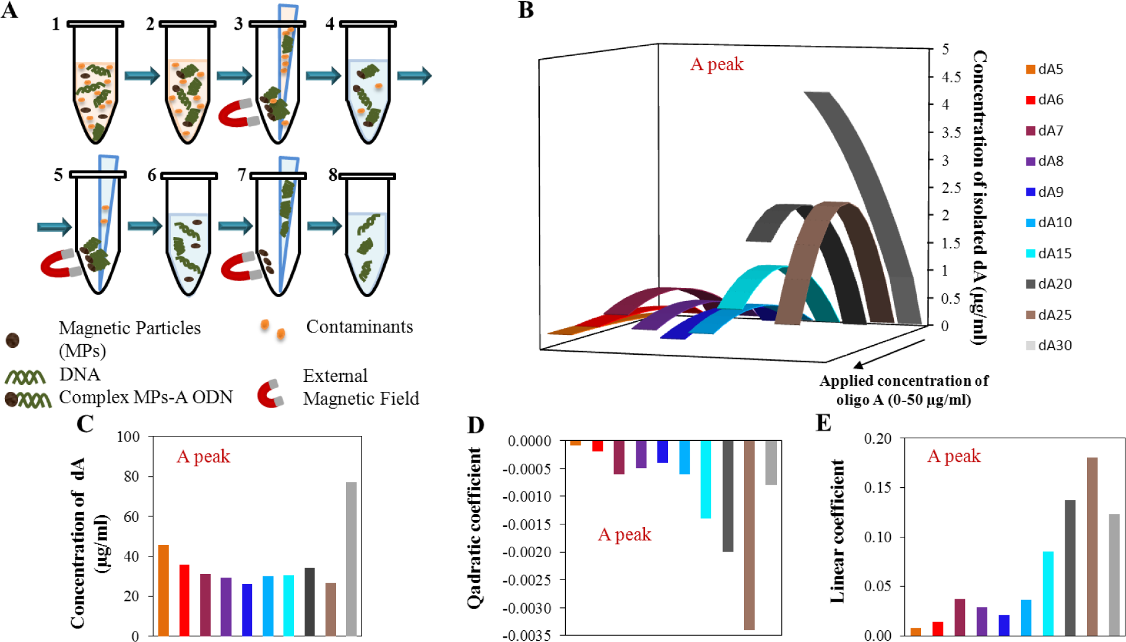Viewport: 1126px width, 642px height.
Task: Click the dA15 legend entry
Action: click(x=1049, y=253)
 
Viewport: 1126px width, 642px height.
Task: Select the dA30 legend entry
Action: click(x=1049, y=345)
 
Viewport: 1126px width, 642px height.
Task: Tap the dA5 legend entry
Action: click(x=1045, y=69)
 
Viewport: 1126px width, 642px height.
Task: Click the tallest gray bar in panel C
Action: click(x=351, y=558)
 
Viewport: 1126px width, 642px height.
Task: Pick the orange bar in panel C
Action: click(x=163, y=590)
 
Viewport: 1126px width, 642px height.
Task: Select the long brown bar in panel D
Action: click(x=749, y=535)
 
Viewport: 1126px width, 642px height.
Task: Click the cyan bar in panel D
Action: click(x=706, y=479)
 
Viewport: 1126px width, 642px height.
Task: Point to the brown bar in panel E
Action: click(x=1092, y=546)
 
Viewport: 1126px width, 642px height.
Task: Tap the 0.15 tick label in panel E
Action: click(x=878, y=488)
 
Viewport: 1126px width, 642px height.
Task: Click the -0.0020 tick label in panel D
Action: click(x=526, y=552)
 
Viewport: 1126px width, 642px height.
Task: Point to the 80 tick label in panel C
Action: click(x=131, y=477)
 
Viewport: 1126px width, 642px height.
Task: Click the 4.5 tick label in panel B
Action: click(x=951, y=77)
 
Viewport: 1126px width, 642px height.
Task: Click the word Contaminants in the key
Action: click(x=359, y=327)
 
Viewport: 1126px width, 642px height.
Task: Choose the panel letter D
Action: click(x=475, y=425)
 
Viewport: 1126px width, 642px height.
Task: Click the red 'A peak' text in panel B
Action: click(x=717, y=64)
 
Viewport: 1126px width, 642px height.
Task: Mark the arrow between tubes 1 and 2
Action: click(x=142, y=76)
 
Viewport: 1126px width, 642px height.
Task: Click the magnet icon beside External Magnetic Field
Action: click(x=270, y=394)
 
